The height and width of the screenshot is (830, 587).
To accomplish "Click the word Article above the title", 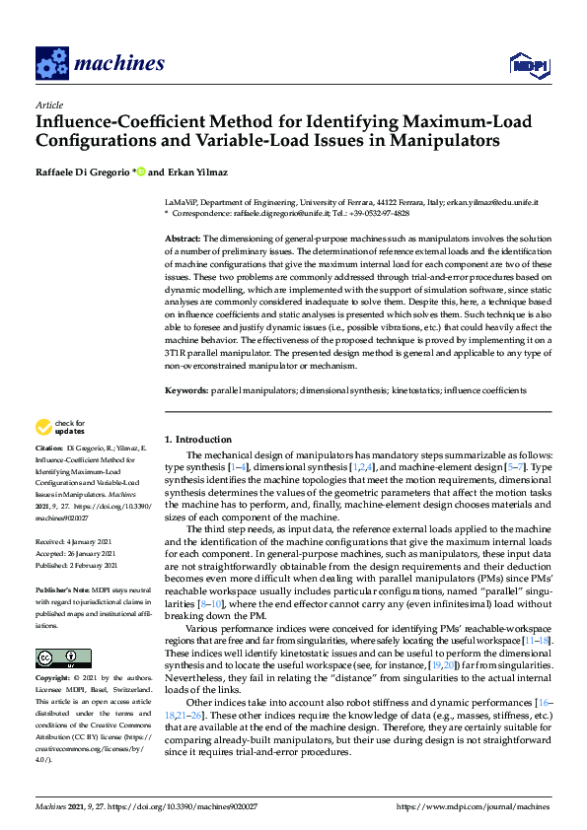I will click(48, 104).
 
